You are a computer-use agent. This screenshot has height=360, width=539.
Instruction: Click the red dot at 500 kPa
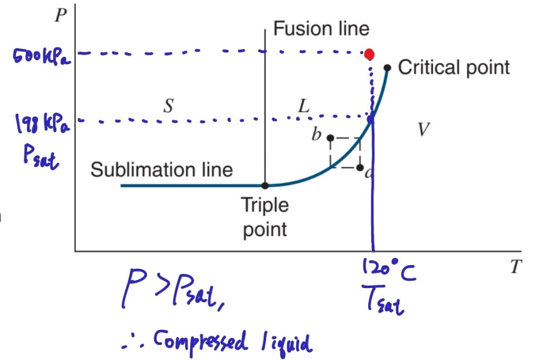[x=369, y=54]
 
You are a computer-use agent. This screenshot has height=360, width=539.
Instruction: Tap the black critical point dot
[x=387, y=68]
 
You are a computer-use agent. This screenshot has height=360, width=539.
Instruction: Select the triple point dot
[x=265, y=185]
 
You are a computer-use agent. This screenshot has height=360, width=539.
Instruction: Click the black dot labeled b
[x=330, y=138]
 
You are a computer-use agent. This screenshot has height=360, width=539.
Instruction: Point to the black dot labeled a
[x=360, y=167]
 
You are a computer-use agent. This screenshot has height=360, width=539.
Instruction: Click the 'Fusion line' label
[x=321, y=28]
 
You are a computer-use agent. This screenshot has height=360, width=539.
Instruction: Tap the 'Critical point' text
[x=454, y=68]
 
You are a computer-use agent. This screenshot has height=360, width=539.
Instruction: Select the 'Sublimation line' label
[x=161, y=169]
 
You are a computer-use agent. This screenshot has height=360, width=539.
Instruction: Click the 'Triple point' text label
[x=265, y=217]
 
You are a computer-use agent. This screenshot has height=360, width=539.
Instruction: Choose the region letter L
[x=303, y=106]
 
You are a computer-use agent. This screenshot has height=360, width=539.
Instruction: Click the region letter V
[x=424, y=130]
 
